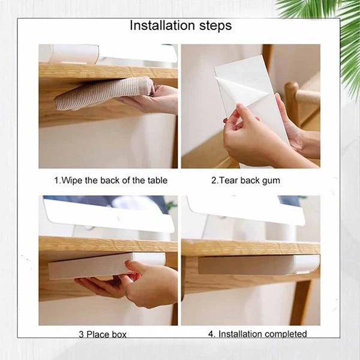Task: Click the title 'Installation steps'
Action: [x=181, y=26]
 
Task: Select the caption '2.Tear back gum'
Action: [x=245, y=180]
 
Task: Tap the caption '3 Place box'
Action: [x=103, y=334]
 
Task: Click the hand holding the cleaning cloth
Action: [x=153, y=99]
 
